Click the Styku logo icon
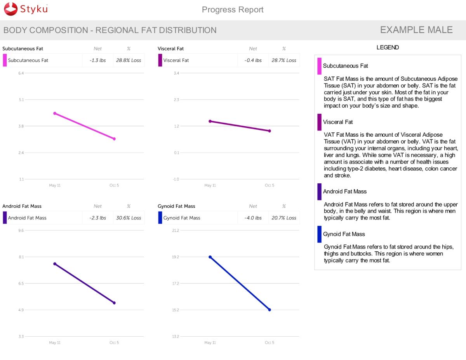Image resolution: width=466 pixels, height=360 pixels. coord(11,9)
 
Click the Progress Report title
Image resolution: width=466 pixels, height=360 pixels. coord(233,10)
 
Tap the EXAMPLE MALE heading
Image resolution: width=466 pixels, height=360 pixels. coord(416,30)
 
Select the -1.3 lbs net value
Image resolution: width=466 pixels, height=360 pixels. coord(97,61)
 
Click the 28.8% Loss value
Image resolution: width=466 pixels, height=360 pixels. coord(129,61)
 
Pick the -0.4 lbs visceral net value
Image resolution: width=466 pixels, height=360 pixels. coord(253,61)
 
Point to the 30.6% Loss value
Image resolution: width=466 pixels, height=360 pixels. coord(129,218)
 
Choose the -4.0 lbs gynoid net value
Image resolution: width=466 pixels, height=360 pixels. coord(253,218)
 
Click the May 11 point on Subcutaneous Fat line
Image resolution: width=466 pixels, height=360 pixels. coord(55,113)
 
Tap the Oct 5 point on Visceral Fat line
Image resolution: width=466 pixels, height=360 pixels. coord(270,131)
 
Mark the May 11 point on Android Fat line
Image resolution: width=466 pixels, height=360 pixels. coord(55,264)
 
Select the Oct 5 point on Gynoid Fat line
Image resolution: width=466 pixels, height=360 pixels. coord(270,310)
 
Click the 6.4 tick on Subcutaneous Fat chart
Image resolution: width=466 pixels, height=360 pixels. coord(21,73)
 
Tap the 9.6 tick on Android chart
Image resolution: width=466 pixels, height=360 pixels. coord(21,231)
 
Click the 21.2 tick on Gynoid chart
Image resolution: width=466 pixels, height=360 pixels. coord(176,231)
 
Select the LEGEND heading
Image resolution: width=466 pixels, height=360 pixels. coord(388,48)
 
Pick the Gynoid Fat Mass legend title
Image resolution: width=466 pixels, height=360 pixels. coord(344,234)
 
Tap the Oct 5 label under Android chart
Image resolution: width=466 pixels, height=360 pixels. coord(114,343)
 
